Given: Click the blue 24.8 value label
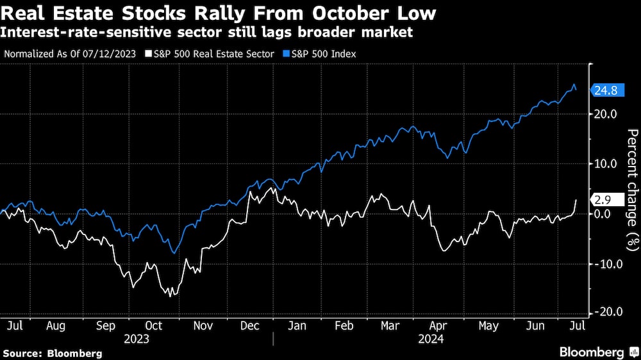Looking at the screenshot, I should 606,90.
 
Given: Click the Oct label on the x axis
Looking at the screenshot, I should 154,325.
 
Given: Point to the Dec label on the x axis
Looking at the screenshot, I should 250,325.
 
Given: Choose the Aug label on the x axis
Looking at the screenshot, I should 56,325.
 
